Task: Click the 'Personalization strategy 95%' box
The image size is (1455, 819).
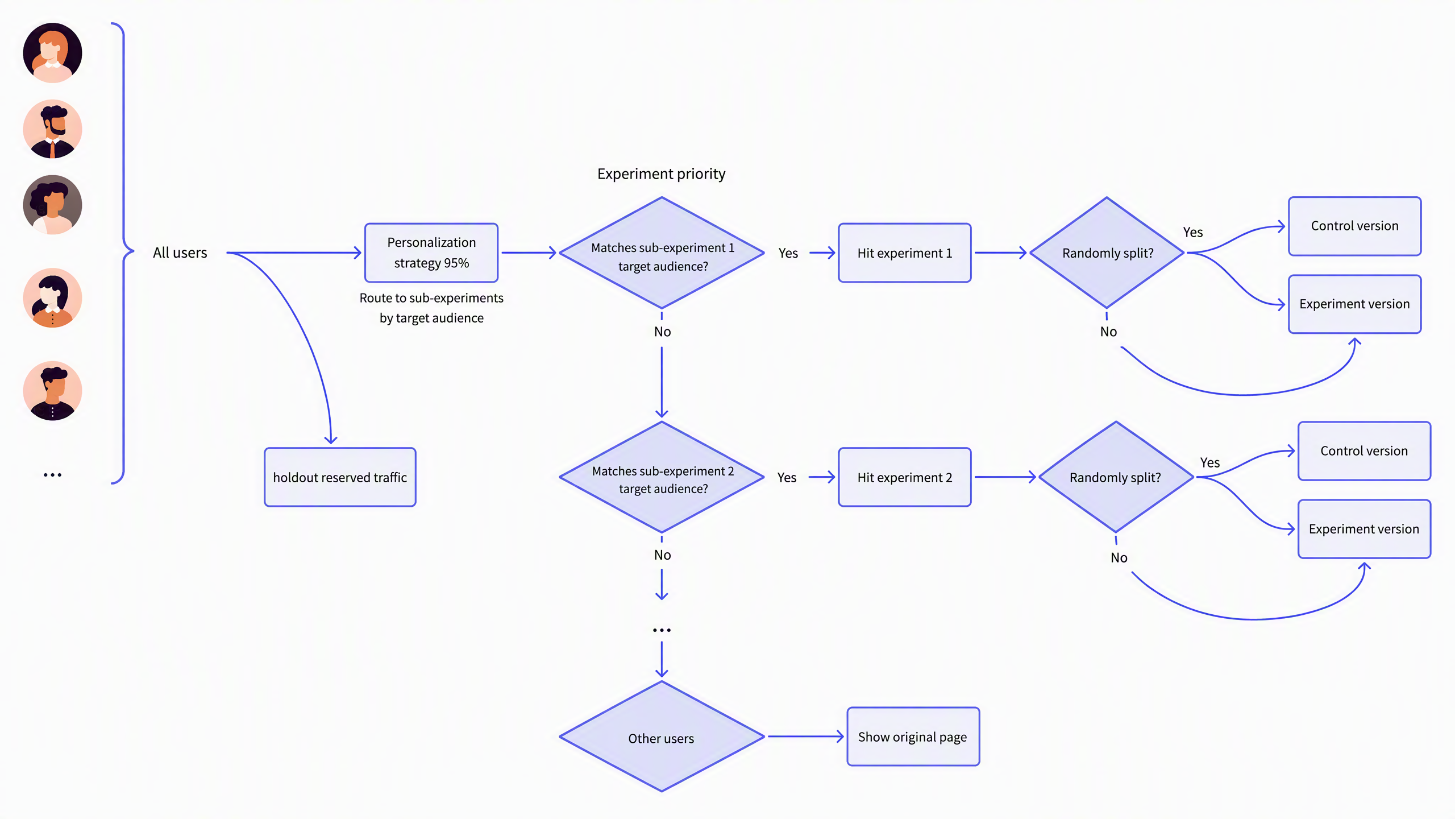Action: (431, 253)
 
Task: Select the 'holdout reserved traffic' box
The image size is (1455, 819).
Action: (340, 477)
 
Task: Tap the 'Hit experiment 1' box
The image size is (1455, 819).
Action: (905, 253)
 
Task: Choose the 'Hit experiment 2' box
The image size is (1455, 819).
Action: (905, 477)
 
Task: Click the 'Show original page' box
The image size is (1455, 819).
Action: (913, 737)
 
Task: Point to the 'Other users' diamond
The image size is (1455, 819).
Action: (662, 737)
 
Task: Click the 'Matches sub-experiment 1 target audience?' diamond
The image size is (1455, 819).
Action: (662, 253)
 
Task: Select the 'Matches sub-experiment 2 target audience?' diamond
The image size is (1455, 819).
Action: (662, 477)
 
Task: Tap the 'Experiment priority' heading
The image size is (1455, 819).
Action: (662, 173)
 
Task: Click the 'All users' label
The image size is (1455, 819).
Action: (180, 253)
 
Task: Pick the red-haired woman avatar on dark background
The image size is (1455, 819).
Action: (52, 53)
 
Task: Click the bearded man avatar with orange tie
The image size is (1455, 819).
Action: (52, 129)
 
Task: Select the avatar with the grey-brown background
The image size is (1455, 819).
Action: (52, 205)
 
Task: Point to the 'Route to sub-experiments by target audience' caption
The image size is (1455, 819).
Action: (431, 308)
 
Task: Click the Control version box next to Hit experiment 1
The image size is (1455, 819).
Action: (1355, 226)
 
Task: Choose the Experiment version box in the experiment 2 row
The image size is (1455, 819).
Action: (1365, 529)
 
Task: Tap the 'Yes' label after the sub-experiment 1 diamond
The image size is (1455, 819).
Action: (788, 253)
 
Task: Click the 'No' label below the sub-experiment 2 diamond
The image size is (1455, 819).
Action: (663, 555)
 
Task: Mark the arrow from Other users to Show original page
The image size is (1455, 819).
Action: (806, 737)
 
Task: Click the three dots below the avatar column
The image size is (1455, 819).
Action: (52, 475)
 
